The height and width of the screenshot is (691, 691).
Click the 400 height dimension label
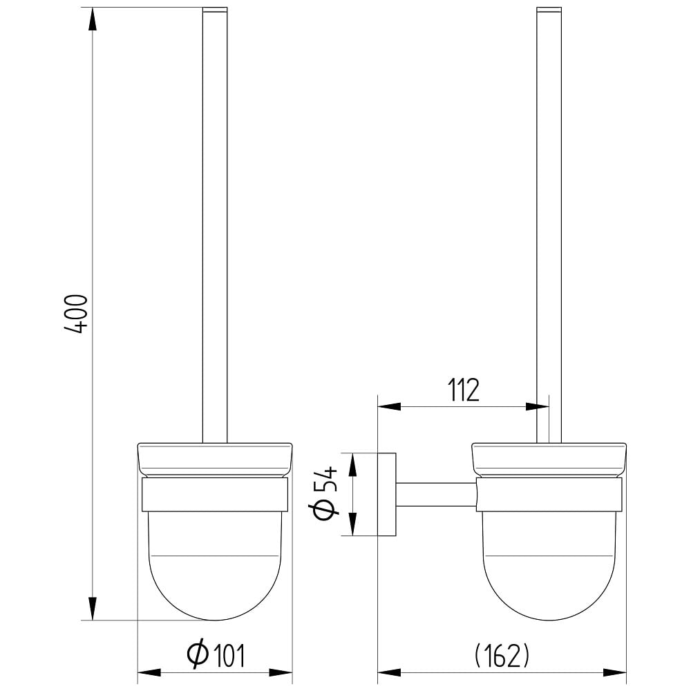coord(76,314)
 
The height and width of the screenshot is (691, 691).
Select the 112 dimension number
coord(464,390)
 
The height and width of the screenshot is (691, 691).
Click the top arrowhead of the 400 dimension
coord(92,19)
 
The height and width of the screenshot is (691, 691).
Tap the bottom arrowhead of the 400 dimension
coord(92,609)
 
